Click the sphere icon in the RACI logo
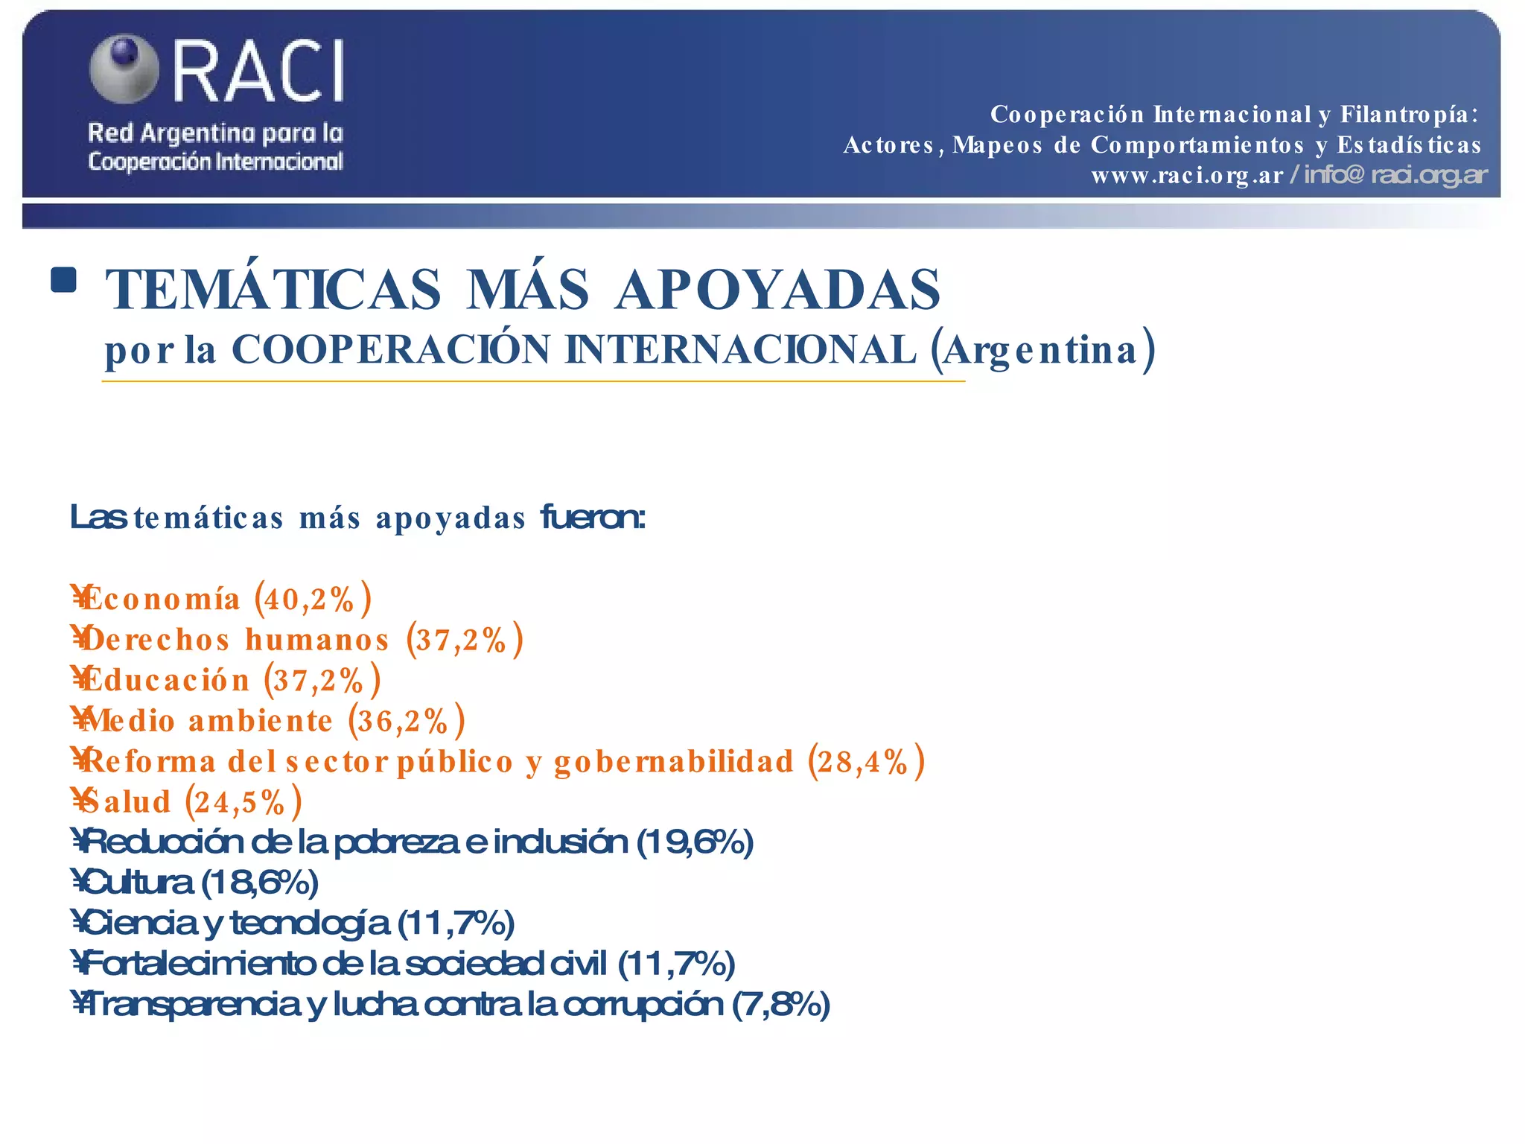(124, 68)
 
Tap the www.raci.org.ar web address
(1187, 176)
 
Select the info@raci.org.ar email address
(1395, 176)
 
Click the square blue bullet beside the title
(64, 280)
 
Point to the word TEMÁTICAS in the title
(273, 290)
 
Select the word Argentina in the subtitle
(1042, 350)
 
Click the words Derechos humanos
(235, 640)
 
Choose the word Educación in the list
(165, 680)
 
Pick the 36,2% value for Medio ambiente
(405, 721)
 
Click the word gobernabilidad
(674, 761)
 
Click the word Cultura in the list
(138, 883)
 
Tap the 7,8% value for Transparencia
(780, 1005)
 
